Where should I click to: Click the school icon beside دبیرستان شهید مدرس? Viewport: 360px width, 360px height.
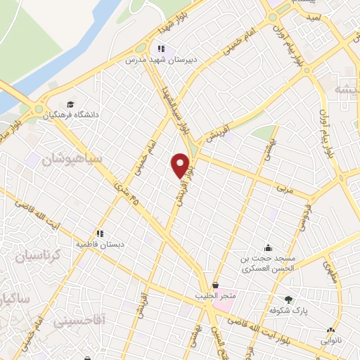coord(161,49)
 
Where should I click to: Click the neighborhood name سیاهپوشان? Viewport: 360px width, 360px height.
coord(71,159)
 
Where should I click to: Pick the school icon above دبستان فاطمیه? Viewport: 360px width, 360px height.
coord(101,233)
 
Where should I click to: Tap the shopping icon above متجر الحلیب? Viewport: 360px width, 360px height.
coord(214,285)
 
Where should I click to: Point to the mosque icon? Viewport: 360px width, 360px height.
coord(268,247)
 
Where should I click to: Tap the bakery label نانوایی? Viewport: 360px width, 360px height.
coord(330,340)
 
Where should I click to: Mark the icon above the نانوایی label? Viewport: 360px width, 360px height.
coord(330,329)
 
